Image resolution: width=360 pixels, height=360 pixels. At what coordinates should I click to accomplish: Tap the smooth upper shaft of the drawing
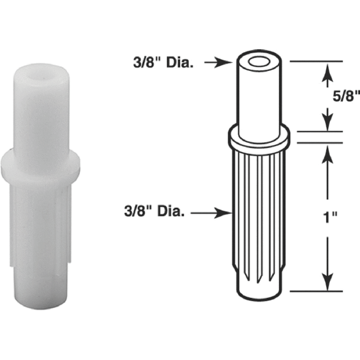coord(258,97)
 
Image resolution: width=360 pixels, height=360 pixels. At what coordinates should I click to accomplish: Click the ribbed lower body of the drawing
coord(258,216)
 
